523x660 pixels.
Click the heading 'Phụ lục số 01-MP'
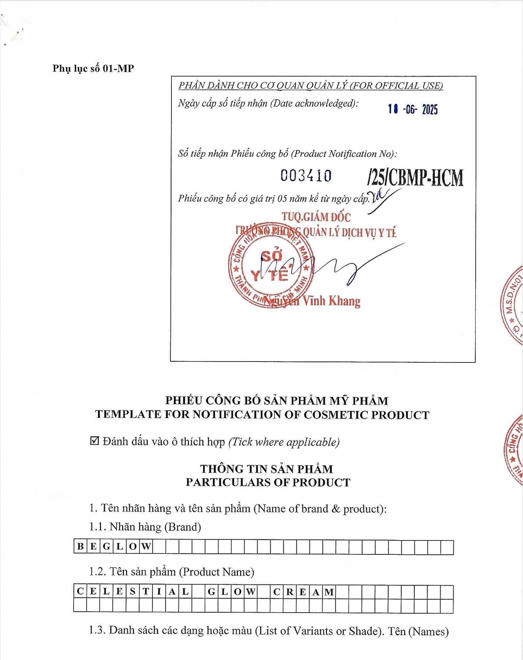point(93,68)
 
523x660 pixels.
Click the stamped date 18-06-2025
point(412,110)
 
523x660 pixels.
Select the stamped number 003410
point(306,176)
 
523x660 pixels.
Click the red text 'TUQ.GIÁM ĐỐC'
point(316,217)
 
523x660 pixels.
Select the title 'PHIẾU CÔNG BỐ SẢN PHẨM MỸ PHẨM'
point(277,401)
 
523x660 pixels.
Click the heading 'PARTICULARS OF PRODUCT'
point(268,482)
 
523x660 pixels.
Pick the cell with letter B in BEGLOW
point(80,547)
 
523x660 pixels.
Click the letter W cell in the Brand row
point(146,547)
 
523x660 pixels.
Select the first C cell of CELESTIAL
point(80,592)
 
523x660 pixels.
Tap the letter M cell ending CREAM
point(329,592)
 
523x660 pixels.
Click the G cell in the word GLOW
point(211,592)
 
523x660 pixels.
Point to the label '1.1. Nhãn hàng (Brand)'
point(145,527)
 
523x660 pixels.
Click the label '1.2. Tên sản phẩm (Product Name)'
point(172,572)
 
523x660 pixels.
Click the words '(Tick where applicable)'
point(284,442)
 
